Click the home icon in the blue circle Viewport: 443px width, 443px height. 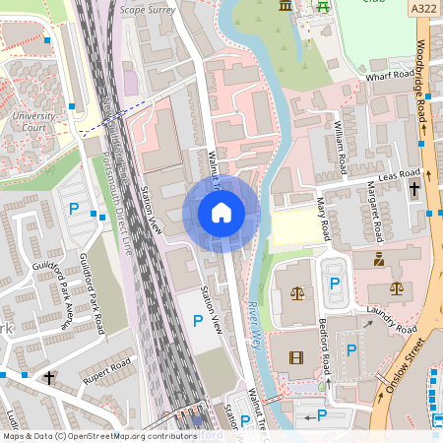[221, 212]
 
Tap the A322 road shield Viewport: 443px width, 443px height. [424, 8]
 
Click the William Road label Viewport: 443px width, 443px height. [341, 140]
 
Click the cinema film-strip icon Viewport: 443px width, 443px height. [296, 356]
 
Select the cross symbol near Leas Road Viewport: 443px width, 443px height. [413, 188]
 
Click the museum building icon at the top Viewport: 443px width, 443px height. [285, 6]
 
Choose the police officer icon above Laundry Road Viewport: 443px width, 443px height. [379, 260]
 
